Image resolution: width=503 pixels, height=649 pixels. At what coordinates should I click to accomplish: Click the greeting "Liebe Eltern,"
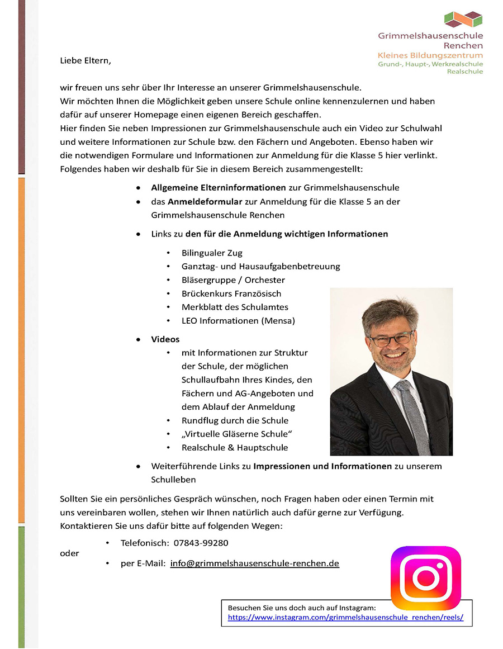[x=86, y=61]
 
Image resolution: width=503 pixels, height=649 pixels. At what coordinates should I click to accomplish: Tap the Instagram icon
[x=425, y=577]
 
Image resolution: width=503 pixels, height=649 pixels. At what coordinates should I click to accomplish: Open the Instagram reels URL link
[x=345, y=618]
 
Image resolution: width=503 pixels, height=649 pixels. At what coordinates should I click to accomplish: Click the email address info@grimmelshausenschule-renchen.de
[x=255, y=563]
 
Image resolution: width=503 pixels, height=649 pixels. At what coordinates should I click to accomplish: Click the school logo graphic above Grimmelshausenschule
[x=463, y=20]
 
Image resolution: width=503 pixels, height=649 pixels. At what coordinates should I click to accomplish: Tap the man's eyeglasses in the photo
[x=391, y=339]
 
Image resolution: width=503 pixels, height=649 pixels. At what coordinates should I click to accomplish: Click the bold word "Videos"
[x=165, y=339]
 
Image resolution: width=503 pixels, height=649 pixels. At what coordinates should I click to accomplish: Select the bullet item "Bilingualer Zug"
[x=212, y=253]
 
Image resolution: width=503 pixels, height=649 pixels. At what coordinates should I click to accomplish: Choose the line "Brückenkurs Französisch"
[x=231, y=293]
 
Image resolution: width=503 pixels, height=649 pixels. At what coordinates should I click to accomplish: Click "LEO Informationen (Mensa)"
[x=238, y=321]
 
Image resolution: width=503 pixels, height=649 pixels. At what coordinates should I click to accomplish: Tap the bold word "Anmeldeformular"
[x=205, y=201]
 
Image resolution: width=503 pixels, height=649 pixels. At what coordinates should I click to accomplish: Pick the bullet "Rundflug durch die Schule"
[x=235, y=420]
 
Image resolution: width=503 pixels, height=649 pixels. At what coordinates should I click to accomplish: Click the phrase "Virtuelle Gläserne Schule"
[x=237, y=434]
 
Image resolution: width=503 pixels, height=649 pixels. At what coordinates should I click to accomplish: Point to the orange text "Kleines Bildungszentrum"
[x=430, y=55]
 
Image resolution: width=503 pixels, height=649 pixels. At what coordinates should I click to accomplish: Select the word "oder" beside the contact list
[x=69, y=553]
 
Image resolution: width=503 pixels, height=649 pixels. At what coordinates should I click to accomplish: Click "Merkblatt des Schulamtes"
[x=235, y=307]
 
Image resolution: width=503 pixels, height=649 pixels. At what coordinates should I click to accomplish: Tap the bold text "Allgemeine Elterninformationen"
[x=219, y=188]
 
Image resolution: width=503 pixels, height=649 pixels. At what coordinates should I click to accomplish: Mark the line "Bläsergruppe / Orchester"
[x=233, y=280]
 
